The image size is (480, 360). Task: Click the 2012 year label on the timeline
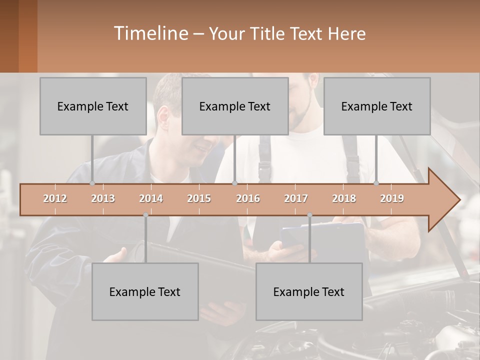coord(55,198)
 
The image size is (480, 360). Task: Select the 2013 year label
coord(103,198)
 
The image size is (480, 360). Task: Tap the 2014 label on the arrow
coord(151,198)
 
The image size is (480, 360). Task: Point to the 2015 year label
coord(199,198)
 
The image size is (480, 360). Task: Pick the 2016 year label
coord(248,198)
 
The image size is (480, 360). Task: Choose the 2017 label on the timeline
coord(296,198)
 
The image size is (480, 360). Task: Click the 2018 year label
coord(344,198)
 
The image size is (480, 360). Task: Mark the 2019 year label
coord(392,198)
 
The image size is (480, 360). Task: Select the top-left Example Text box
coord(93,106)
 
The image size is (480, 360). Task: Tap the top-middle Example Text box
coord(235,106)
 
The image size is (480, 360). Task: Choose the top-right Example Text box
coord(377,106)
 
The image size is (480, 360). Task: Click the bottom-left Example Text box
coord(145,291)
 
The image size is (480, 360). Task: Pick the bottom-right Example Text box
coord(309,291)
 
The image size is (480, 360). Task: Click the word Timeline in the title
coord(150,33)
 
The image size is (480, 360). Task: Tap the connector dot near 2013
coord(92,183)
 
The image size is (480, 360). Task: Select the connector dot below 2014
coord(145,215)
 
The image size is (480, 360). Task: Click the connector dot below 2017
coord(309,215)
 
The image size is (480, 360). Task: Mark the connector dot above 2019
coord(376,183)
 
